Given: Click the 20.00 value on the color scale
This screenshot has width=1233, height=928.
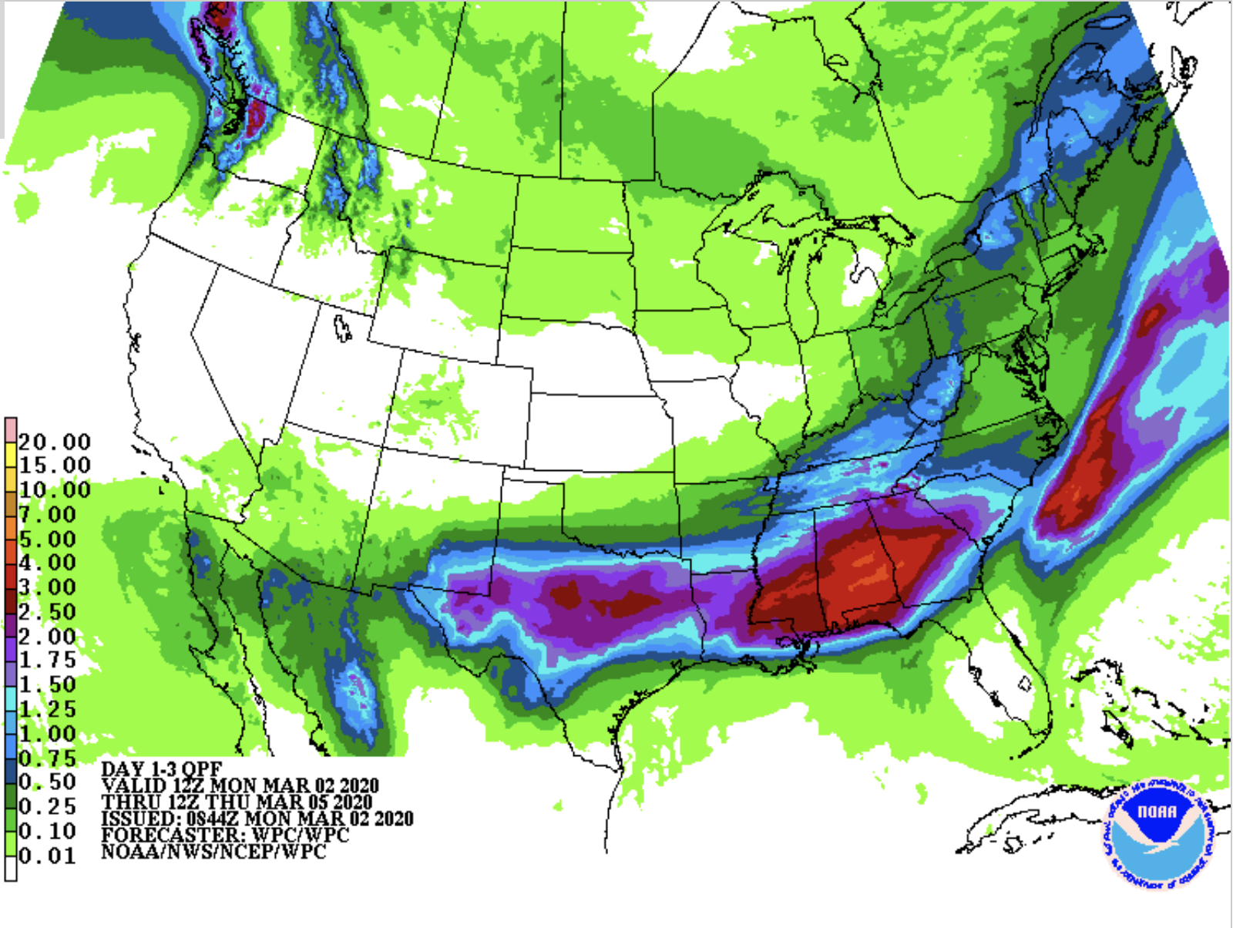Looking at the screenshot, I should [54, 442].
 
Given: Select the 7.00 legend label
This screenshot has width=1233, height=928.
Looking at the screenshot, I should [47, 514].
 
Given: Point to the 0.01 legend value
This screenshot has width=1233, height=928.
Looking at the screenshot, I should [47, 856].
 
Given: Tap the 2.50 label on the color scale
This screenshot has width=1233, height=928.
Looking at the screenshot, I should [47, 612].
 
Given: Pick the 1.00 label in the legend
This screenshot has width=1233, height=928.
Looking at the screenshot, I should [47, 733].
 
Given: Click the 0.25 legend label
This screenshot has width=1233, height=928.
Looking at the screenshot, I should [47, 806].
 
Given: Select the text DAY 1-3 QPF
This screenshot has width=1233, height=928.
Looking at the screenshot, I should [161, 769].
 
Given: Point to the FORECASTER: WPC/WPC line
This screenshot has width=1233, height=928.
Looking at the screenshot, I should [224, 835].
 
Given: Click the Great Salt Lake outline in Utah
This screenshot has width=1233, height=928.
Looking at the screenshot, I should [342, 328].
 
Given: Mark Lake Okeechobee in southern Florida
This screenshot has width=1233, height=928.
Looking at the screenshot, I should [1025, 683].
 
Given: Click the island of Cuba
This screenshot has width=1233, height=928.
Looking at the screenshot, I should [1040, 809].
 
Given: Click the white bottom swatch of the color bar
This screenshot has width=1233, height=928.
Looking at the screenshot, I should [10, 868].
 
